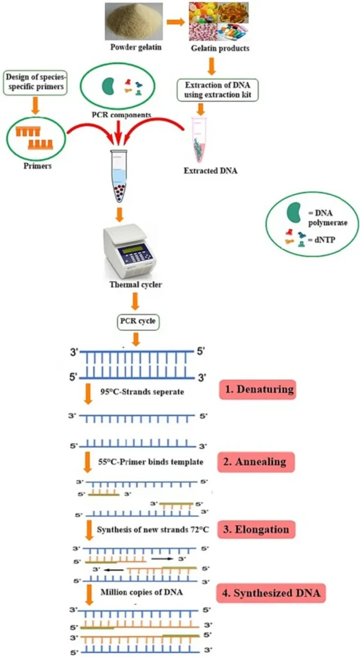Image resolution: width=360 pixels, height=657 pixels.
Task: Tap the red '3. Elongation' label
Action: [x=257, y=529]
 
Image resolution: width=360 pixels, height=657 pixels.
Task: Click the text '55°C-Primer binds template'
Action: [x=150, y=462]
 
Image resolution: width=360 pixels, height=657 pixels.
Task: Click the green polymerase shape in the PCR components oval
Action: [x=110, y=85]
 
